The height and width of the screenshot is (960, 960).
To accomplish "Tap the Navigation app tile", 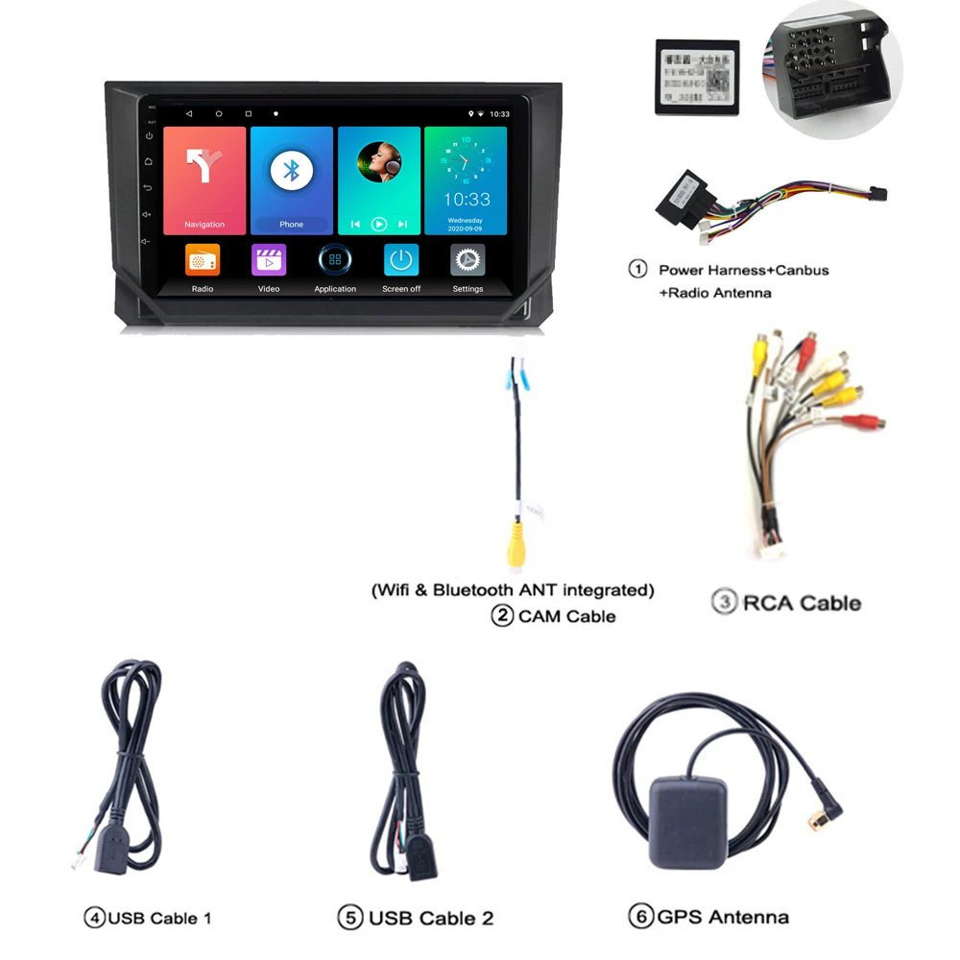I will click(x=204, y=180).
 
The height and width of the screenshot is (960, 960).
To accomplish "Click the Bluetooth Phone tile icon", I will click(x=291, y=170).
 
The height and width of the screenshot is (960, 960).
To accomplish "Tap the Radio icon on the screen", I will click(x=203, y=260).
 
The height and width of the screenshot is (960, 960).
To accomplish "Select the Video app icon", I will click(x=269, y=260).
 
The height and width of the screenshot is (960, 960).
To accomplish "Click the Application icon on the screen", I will click(x=335, y=260).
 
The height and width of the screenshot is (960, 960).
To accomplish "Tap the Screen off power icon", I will click(x=401, y=260).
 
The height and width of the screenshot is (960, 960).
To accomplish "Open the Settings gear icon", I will click(x=468, y=260).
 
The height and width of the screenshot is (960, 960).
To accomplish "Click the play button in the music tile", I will click(x=379, y=224).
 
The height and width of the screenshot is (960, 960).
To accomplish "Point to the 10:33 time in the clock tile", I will click(x=467, y=200).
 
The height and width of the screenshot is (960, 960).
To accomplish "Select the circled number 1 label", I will click(x=637, y=269).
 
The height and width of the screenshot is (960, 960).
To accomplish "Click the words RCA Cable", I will click(x=802, y=603).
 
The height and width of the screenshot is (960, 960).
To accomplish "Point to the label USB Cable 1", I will click(x=159, y=918).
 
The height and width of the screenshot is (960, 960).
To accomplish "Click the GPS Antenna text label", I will click(x=723, y=917).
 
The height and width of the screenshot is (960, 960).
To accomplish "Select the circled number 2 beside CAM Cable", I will click(x=502, y=615).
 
